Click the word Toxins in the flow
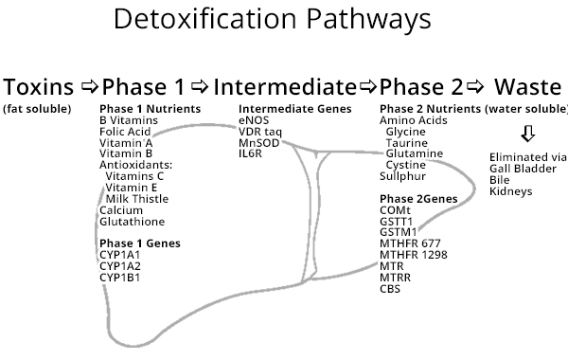(39, 87)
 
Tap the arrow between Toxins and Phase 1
(88, 88)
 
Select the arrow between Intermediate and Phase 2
(368, 88)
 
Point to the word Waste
(528, 87)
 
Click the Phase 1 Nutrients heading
(150, 109)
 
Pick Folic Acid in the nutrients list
(125, 131)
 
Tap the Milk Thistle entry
(136, 198)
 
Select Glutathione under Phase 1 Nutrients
(132, 221)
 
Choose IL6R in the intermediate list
(251, 153)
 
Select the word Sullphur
(402, 176)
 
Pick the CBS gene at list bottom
(390, 289)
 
